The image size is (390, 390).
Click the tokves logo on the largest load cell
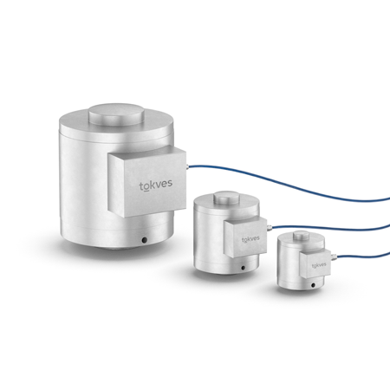click(x=156, y=185)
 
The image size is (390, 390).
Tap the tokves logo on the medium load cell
click(x=250, y=239)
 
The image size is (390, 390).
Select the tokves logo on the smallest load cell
click(x=319, y=265)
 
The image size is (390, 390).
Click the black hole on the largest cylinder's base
click(x=144, y=240)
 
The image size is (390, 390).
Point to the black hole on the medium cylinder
click(x=243, y=268)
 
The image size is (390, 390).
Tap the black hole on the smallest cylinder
click(x=313, y=285)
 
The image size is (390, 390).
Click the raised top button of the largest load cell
click(x=116, y=114)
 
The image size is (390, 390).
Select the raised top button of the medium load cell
click(x=227, y=198)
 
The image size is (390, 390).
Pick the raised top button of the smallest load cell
click(x=302, y=236)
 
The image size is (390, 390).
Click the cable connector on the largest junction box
click(x=187, y=166)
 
